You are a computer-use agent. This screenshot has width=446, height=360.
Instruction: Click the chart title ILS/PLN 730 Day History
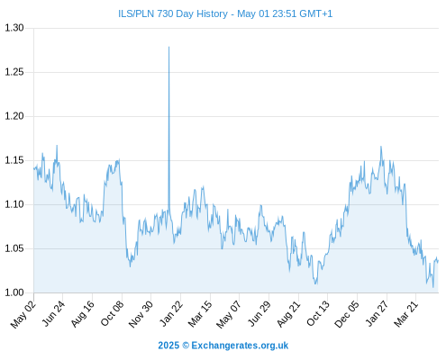point(173,13)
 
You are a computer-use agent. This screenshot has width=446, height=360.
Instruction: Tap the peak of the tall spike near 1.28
point(168,47)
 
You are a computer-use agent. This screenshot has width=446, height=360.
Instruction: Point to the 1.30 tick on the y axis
point(14,28)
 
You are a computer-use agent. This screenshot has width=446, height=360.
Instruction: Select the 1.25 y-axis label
point(14,72)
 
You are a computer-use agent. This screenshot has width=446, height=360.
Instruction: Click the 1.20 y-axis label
point(14,116)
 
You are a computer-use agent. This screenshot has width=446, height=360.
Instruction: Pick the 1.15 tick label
point(14,160)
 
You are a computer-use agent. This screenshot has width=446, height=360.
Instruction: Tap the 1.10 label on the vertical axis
point(14,204)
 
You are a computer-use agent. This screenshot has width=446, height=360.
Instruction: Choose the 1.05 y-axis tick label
point(14,248)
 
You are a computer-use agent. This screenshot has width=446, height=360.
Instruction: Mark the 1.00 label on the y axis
point(14,292)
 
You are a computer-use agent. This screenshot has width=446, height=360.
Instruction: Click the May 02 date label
point(23,314)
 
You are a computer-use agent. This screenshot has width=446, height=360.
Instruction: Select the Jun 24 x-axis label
point(53,314)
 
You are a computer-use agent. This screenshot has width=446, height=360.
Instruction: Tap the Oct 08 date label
point(112,314)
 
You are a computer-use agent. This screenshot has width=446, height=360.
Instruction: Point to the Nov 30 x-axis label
point(141,314)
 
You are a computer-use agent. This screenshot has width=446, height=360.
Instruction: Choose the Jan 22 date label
point(171,314)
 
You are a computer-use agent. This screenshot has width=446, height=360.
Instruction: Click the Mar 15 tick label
point(200,314)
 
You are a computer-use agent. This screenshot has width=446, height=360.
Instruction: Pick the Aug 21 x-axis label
point(288,314)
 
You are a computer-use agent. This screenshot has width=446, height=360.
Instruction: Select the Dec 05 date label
point(347,314)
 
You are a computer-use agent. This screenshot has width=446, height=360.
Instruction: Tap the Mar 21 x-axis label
point(406,314)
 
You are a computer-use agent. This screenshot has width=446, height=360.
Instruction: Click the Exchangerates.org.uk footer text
point(240,346)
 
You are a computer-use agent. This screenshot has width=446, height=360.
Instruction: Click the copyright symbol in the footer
point(186,346)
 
